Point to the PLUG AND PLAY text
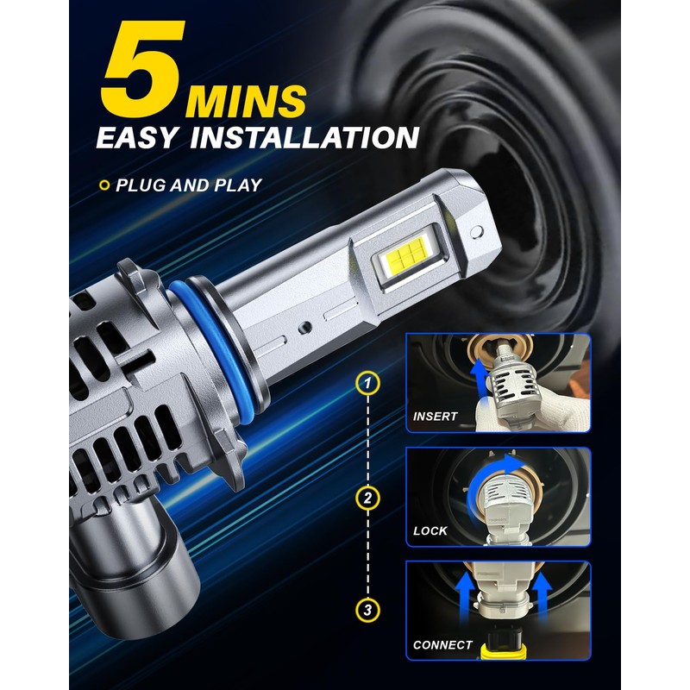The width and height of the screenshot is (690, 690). click(x=189, y=185)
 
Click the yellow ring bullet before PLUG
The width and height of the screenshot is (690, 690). click(x=104, y=185)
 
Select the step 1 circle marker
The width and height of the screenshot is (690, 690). click(x=368, y=382)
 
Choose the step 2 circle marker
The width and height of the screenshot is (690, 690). click(x=368, y=498)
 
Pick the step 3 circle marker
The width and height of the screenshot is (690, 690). click(x=368, y=611)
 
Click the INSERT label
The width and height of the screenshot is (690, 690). click(x=436, y=417)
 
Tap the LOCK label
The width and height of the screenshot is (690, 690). click(x=430, y=530)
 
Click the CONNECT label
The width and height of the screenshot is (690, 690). click(x=442, y=644)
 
